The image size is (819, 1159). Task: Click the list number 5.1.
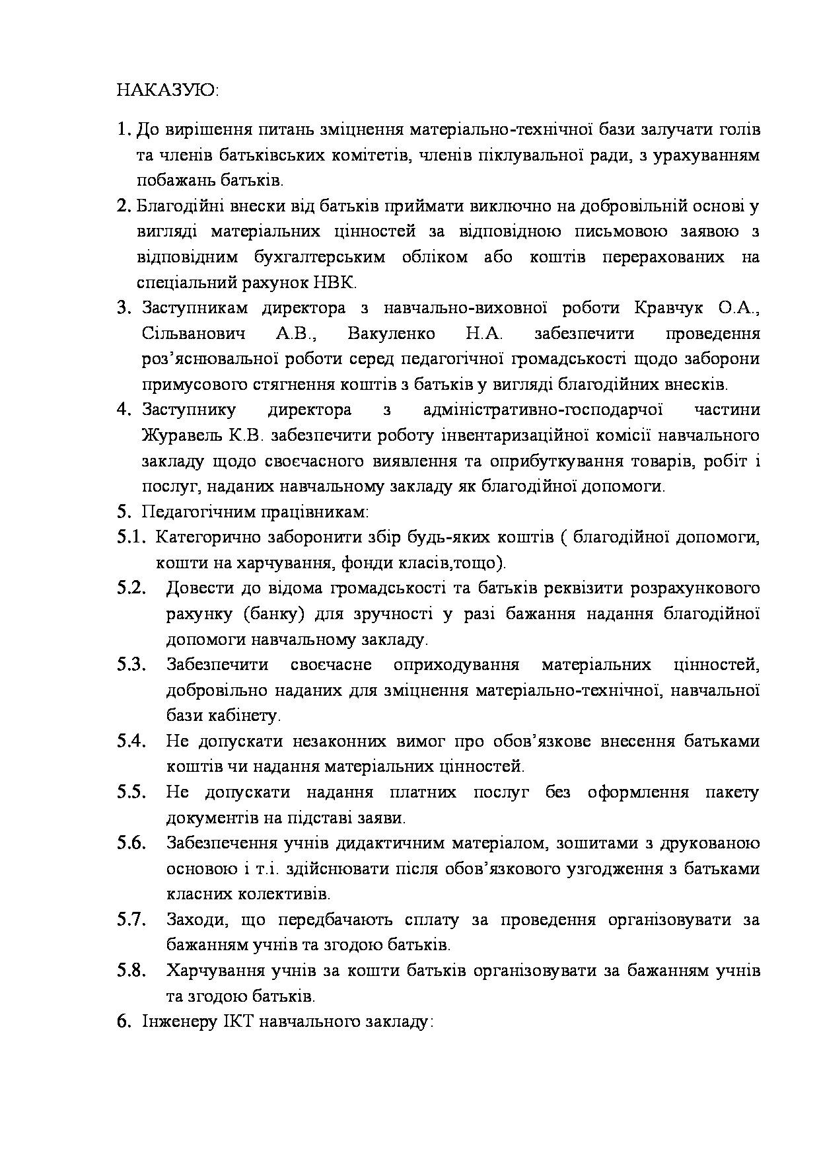click(x=131, y=537)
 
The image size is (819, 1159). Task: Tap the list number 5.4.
click(x=131, y=741)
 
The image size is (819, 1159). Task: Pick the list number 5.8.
click(x=131, y=971)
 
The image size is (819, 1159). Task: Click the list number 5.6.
click(x=131, y=843)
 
